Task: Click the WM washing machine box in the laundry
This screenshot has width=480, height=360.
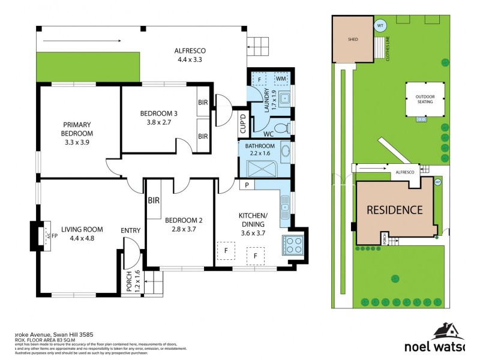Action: (281, 79)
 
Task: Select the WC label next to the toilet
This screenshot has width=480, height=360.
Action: (268, 134)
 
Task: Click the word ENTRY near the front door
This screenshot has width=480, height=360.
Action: (131, 230)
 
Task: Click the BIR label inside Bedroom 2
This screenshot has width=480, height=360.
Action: (154, 201)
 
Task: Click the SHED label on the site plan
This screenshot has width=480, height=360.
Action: (353, 39)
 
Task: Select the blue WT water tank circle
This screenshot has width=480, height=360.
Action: (380, 26)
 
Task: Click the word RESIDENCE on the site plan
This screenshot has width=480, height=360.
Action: (394, 210)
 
